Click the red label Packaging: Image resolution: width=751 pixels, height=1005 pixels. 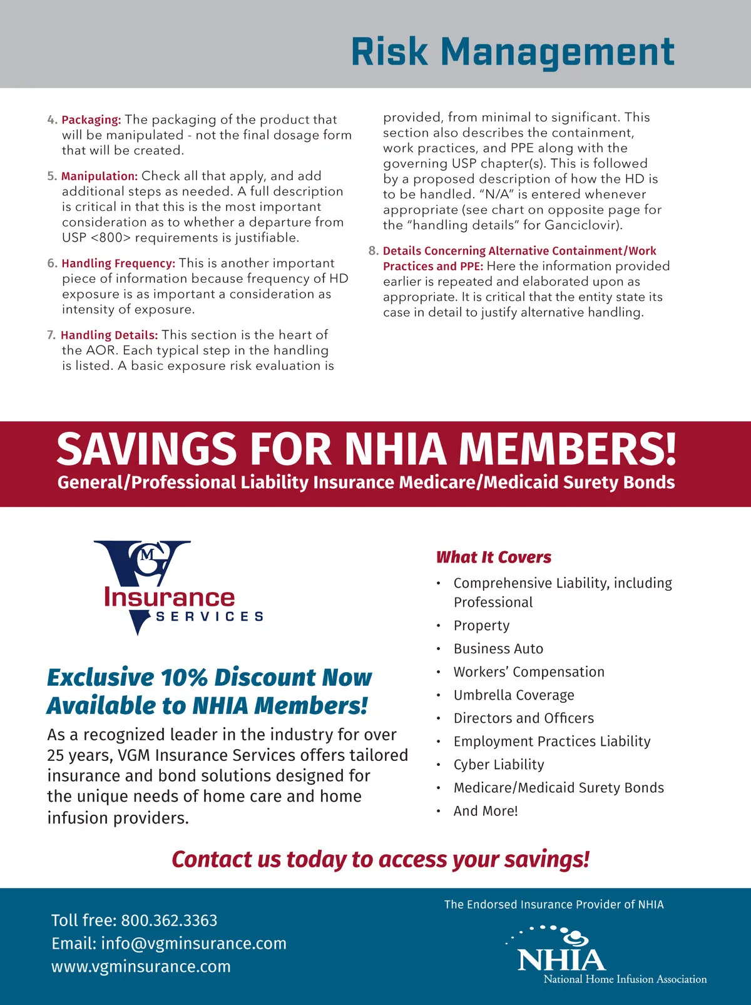click(x=91, y=120)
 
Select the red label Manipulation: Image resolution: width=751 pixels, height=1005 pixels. click(x=100, y=176)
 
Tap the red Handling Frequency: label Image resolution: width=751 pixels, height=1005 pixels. click(x=118, y=263)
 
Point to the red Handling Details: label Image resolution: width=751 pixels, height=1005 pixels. click(x=110, y=335)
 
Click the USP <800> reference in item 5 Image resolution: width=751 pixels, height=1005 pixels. click(x=96, y=238)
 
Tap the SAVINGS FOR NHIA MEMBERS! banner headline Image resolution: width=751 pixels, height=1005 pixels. click(x=366, y=449)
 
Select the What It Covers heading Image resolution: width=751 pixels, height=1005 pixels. click(x=494, y=557)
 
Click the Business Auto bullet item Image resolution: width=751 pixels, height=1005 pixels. click(x=498, y=649)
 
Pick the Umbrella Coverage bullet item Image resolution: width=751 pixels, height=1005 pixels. click(x=514, y=695)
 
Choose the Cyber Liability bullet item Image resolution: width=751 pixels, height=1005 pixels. click(x=499, y=765)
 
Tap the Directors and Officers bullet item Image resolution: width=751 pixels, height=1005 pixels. click(x=524, y=718)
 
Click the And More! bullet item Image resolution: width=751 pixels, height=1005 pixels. click(x=486, y=811)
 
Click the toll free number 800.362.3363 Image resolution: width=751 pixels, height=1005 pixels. click(x=169, y=921)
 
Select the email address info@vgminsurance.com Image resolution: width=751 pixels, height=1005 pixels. click(x=193, y=944)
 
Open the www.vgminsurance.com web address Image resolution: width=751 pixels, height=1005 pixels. click(x=141, y=967)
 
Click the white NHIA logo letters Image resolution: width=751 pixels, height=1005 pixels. click(x=561, y=959)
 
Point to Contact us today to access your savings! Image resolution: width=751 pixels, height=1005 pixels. click(x=381, y=860)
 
